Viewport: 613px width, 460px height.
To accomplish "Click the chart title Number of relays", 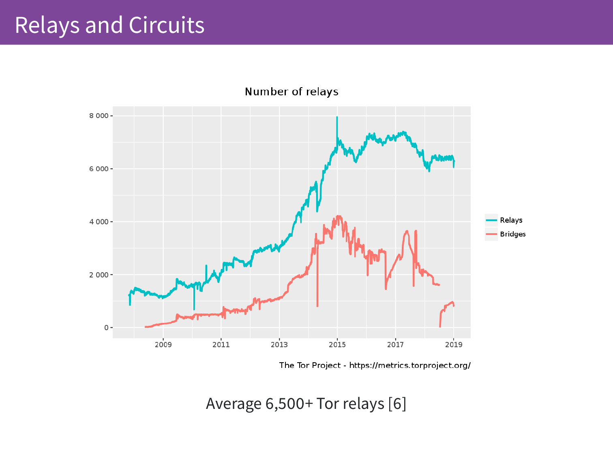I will click(291, 92).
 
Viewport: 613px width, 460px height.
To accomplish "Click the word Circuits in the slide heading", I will click(167, 25).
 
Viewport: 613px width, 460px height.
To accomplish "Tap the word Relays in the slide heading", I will click(47, 25).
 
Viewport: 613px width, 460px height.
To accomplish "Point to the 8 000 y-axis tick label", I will click(99, 116).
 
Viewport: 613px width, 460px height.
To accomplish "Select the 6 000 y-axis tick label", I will click(99, 169).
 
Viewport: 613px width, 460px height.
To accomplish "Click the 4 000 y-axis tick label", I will click(99, 222).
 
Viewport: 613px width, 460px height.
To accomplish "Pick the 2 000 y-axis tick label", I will click(99, 275).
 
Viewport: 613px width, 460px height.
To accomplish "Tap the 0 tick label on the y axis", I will click(106, 328).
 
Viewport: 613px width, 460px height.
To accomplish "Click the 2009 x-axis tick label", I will click(163, 345).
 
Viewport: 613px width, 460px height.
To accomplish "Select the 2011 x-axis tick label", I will click(221, 345).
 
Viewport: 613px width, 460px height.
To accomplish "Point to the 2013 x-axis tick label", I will click(279, 345).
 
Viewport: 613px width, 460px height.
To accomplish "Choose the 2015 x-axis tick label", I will click(337, 345).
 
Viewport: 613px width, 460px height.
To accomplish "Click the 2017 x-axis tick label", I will click(395, 345).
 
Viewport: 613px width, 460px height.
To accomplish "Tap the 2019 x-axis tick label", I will click(454, 345).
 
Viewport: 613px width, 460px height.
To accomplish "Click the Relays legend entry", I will click(511, 220).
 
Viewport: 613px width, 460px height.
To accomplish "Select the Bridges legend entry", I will click(512, 234).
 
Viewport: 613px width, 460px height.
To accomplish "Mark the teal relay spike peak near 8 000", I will click(337, 117).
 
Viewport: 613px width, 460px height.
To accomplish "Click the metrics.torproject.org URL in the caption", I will click(409, 365).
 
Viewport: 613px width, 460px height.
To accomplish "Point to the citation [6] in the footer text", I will click(397, 404).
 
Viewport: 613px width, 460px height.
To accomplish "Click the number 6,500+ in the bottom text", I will click(289, 404).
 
